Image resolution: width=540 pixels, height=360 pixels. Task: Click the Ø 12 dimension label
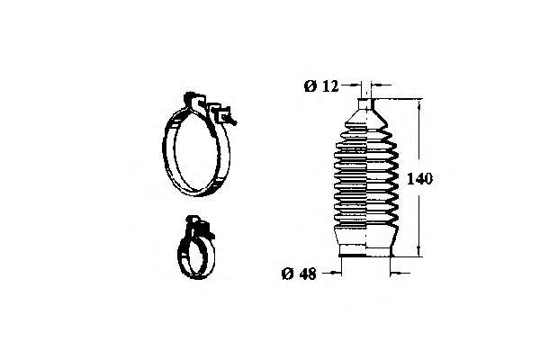321,86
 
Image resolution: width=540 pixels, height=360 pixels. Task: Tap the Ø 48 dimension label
299,274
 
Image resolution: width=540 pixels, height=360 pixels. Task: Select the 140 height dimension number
419,179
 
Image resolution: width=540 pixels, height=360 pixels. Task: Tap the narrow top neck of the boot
365,104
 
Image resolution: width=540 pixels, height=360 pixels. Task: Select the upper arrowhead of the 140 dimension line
419,104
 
